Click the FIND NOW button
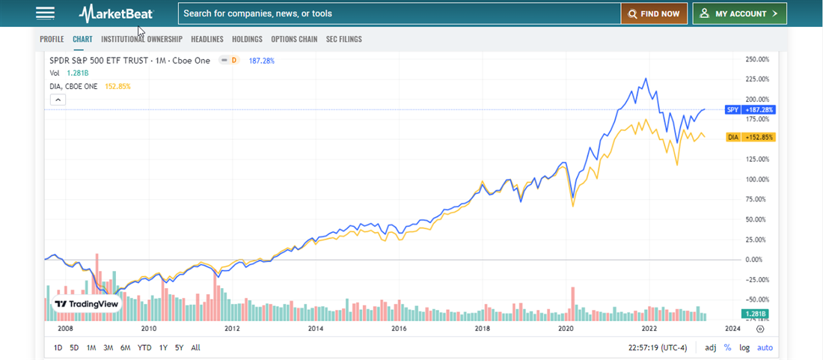click(654, 13)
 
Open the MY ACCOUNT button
click(739, 13)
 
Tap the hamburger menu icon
click(45, 13)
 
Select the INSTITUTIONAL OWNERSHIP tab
click(141, 39)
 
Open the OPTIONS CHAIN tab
click(294, 39)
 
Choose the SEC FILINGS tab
click(344, 39)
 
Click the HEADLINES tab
click(207, 39)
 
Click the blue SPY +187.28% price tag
click(750, 110)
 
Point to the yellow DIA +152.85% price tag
click(750, 138)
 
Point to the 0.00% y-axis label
click(755, 260)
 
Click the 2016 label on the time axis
click(399, 329)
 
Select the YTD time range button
click(144, 347)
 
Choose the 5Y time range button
click(179, 347)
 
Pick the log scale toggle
click(744, 347)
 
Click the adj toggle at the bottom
click(710, 347)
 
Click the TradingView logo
click(86, 305)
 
